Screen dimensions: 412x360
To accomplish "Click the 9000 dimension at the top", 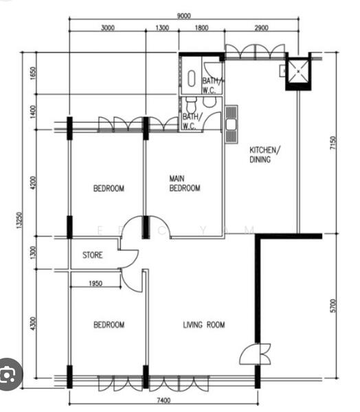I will (183, 16).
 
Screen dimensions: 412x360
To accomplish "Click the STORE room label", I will (93, 255).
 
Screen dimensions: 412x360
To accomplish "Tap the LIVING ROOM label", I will (203, 325).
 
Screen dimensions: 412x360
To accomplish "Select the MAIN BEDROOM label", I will (184, 183).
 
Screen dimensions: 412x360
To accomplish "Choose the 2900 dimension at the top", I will (260, 28).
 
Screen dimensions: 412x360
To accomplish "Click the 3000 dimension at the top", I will (107, 28).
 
